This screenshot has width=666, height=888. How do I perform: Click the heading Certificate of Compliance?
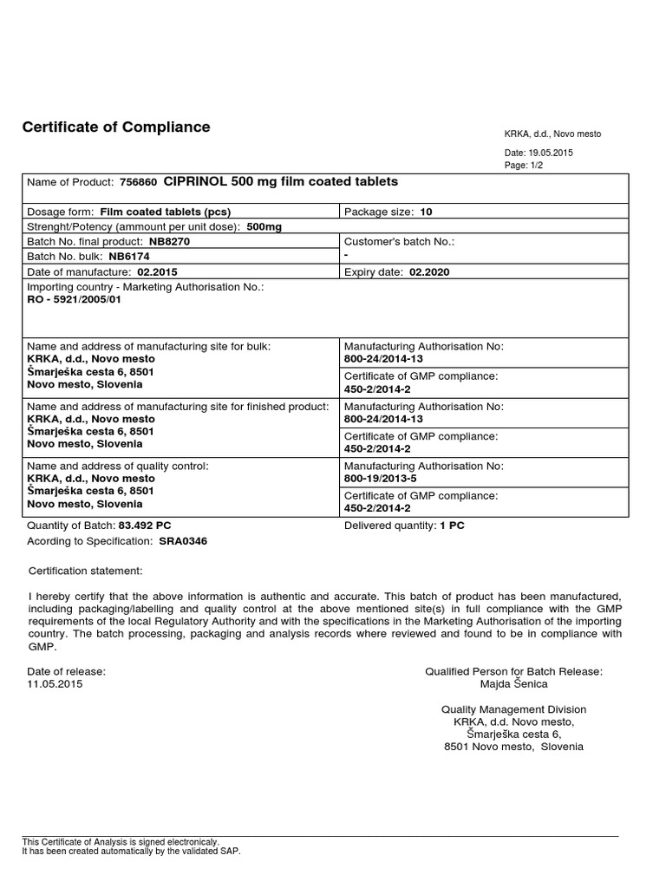pyautogui.click(x=115, y=127)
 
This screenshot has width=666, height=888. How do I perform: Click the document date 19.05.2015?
pyautogui.click(x=552, y=153)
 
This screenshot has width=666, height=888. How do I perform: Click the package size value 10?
pyautogui.click(x=426, y=212)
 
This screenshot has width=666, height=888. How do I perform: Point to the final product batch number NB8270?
pyautogui.click(x=170, y=242)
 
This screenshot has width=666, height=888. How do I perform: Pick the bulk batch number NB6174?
pyautogui.click(x=130, y=257)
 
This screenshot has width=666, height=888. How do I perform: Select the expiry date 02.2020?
pyautogui.click(x=429, y=271)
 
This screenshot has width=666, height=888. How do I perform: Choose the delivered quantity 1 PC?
pyautogui.click(x=452, y=526)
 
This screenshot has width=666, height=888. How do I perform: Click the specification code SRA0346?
pyautogui.click(x=183, y=541)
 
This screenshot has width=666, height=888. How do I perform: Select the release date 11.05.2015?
pyautogui.click(x=55, y=684)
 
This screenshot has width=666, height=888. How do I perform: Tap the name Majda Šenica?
pyautogui.click(x=513, y=684)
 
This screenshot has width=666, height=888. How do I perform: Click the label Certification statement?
pyautogui.click(x=86, y=571)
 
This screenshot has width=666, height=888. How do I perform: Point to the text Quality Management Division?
pyautogui.click(x=513, y=709)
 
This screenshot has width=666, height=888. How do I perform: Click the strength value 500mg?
pyautogui.click(x=264, y=226)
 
